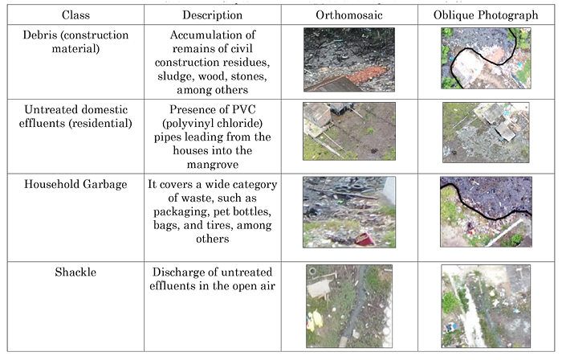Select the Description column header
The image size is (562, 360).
click(212, 14)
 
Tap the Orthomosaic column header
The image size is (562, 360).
click(348, 14)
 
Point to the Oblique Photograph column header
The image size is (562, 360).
click(486, 14)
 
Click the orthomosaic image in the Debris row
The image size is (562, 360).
click(348, 59)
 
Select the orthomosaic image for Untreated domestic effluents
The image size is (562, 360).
click(348, 131)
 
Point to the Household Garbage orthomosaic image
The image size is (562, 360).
click(348, 212)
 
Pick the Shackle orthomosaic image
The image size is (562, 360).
click(348, 305)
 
